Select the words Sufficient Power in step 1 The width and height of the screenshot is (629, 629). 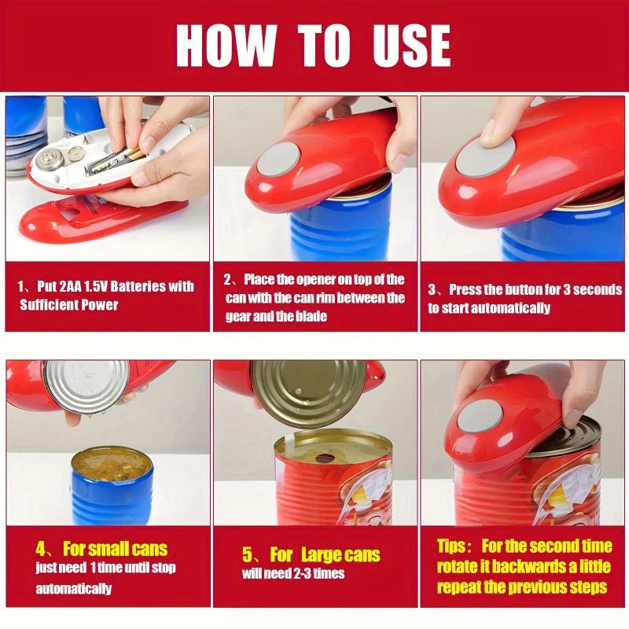[69, 304]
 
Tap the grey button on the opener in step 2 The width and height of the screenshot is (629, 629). [279, 160]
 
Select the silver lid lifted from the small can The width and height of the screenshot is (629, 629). [86, 385]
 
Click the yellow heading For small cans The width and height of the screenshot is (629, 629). [116, 548]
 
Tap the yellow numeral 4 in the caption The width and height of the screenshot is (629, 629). [41, 548]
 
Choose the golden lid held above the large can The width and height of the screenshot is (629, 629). [308, 392]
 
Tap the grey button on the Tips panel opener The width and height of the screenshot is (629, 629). [480, 415]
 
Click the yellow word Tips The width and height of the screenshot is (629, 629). [454, 546]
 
